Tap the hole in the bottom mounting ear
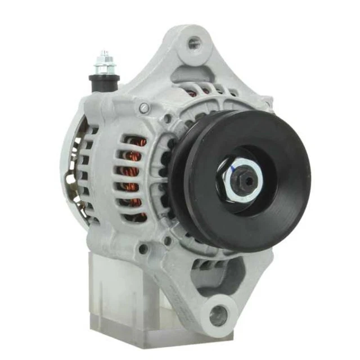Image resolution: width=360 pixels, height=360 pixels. coord(219,316)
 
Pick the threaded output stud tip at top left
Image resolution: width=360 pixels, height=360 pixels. coord(104,55)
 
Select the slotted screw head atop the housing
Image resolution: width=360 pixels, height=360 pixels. coord(145,107)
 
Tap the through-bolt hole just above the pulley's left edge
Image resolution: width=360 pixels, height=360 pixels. coord(168,119)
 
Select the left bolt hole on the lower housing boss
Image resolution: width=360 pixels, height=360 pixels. coord(143,248)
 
